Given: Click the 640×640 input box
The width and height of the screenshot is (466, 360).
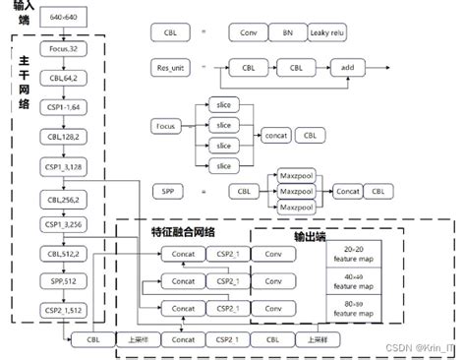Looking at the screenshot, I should pyautogui.click(x=62, y=19).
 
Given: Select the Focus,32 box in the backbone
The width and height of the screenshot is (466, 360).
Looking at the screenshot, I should pyautogui.click(x=62, y=47).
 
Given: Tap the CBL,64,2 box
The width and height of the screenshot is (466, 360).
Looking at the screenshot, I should pyautogui.click(x=62, y=77).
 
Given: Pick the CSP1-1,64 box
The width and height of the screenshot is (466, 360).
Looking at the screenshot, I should pyautogui.click(x=62, y=106).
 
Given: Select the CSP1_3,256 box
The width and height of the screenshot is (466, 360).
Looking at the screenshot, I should pyautogui.click(x=62, y=224).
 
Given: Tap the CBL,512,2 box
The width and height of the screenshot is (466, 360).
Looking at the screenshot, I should pyautogui.click(x=62, y=254).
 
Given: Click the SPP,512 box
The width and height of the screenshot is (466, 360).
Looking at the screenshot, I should pyautogui.click(x=62, y=282).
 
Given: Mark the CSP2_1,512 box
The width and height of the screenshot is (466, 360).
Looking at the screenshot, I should pyautogui.click(x=62, y=311).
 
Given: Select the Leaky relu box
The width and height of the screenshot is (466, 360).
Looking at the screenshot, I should pyautogui.click(x=333, y=32).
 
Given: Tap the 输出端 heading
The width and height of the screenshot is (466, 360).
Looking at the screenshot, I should pyautogui.click(x=313, y=237).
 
